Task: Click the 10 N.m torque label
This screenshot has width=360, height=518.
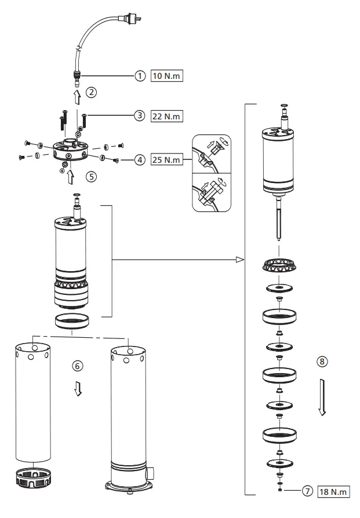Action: [166, 76]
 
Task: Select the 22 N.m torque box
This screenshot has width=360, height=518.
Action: [166, 116]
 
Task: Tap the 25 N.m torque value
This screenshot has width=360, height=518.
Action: [166, 160]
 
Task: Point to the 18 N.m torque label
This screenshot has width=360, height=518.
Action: [334, 492]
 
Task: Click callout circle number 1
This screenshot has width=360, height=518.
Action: [139, 76]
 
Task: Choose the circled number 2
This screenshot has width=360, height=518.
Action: [92, 92]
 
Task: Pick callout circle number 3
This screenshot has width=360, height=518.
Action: [139, 116]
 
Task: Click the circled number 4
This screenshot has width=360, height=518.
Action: [139, 160]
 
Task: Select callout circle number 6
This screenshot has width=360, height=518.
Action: [78, 366]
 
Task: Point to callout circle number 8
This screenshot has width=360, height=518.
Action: [322, 361]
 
